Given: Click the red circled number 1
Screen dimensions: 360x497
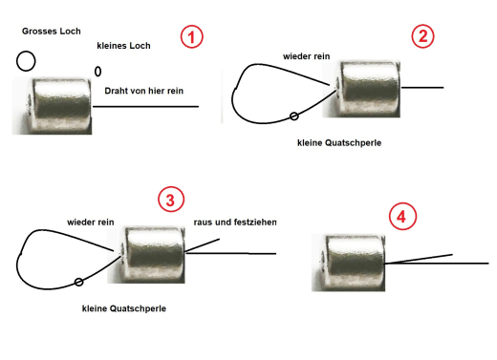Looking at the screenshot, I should click(x=193, y=37).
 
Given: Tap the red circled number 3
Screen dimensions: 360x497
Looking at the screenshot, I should click(x=169, y=200).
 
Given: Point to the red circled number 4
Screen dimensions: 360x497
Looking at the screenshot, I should click(x=402, y=217).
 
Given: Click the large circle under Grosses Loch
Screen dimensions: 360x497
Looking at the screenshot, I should click(x=26, y=61).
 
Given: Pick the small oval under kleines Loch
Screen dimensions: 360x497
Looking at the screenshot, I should click(x=97, y=71).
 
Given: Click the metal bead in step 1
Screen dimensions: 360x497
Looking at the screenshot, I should click(x=60, y=105).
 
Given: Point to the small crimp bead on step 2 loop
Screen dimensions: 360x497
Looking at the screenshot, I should click(x=293, y=116).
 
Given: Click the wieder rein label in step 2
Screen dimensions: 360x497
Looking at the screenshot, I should click(x=307, y=56).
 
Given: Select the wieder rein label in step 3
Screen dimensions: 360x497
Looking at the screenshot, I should click(x=91, y=222).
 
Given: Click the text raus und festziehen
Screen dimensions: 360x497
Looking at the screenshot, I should click(x=234, y=222).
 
